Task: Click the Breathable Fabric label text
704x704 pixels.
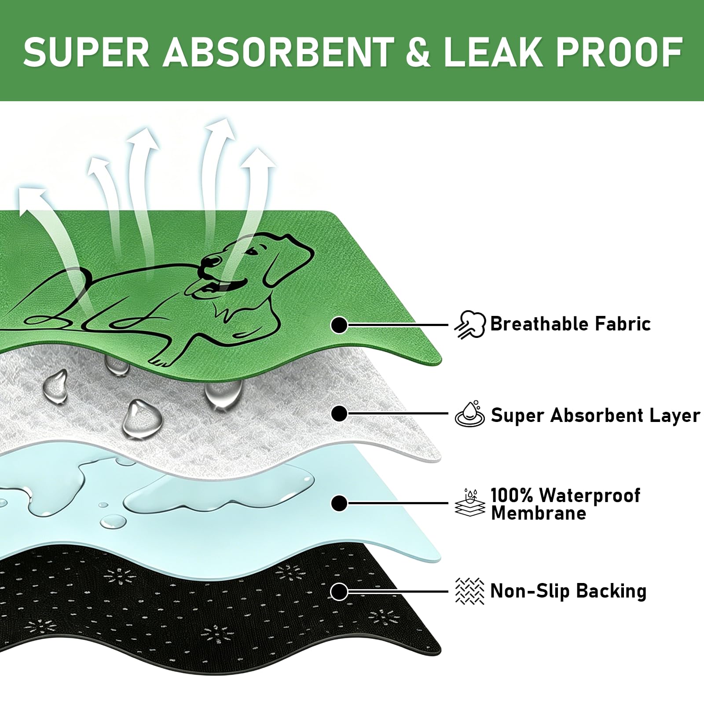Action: click(x=570, y=324)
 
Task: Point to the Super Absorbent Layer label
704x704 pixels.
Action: click(x=595, y=415)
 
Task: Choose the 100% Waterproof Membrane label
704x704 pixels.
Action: click(x=565, y=504)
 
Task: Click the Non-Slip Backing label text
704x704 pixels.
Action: click(x=568, y=591)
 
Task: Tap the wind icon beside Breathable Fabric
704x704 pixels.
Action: click(x=470, y=325)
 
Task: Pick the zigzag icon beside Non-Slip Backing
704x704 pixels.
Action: click(x=470, y=591)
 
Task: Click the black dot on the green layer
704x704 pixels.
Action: click(x=339, y=326)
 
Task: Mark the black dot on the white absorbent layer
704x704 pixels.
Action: click(x=339, y=414)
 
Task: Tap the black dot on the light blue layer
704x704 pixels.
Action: click(x=339, y=503)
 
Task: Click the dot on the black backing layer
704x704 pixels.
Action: click(x=339, y=592)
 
